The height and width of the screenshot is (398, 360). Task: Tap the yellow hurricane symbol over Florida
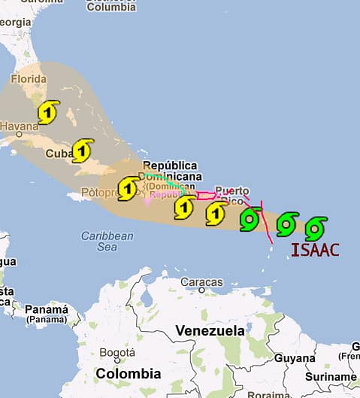[48, 112]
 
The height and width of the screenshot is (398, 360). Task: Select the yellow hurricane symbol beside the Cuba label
[83, 150]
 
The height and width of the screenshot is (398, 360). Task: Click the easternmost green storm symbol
[316, 227]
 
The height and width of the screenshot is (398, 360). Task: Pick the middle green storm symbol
[287, 223]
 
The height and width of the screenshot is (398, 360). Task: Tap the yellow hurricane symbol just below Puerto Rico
[216, 214]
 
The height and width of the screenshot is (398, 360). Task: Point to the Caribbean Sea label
[107, 241]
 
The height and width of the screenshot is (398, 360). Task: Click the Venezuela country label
[210, 331]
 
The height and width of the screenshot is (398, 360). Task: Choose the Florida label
[29, 78]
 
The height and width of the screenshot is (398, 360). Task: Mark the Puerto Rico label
[231, 195]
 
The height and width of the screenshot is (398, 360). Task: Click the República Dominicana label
[171, 171]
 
